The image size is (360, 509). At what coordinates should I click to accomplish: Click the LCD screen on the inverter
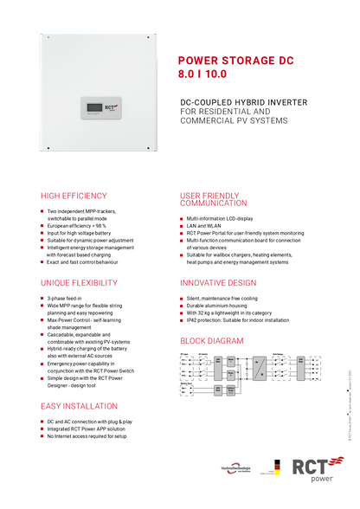[x=93, y=109]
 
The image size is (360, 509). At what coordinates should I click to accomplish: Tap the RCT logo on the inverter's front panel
[x=111, y=108]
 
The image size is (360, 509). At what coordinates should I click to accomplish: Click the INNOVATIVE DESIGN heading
[x=217, y=283]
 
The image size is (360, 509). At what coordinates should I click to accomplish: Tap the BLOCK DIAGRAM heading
[x=212, y=341]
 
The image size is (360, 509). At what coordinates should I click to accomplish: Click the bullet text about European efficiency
[x=79, y=225]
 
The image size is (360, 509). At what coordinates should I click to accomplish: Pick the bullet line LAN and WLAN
[x=204, y=226]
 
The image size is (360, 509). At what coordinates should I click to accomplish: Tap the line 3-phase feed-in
[x=65, y=299]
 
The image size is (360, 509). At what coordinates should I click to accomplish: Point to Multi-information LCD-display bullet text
[x=220, y=218]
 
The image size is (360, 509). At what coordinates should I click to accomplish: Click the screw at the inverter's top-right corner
[x=152, y=39]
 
